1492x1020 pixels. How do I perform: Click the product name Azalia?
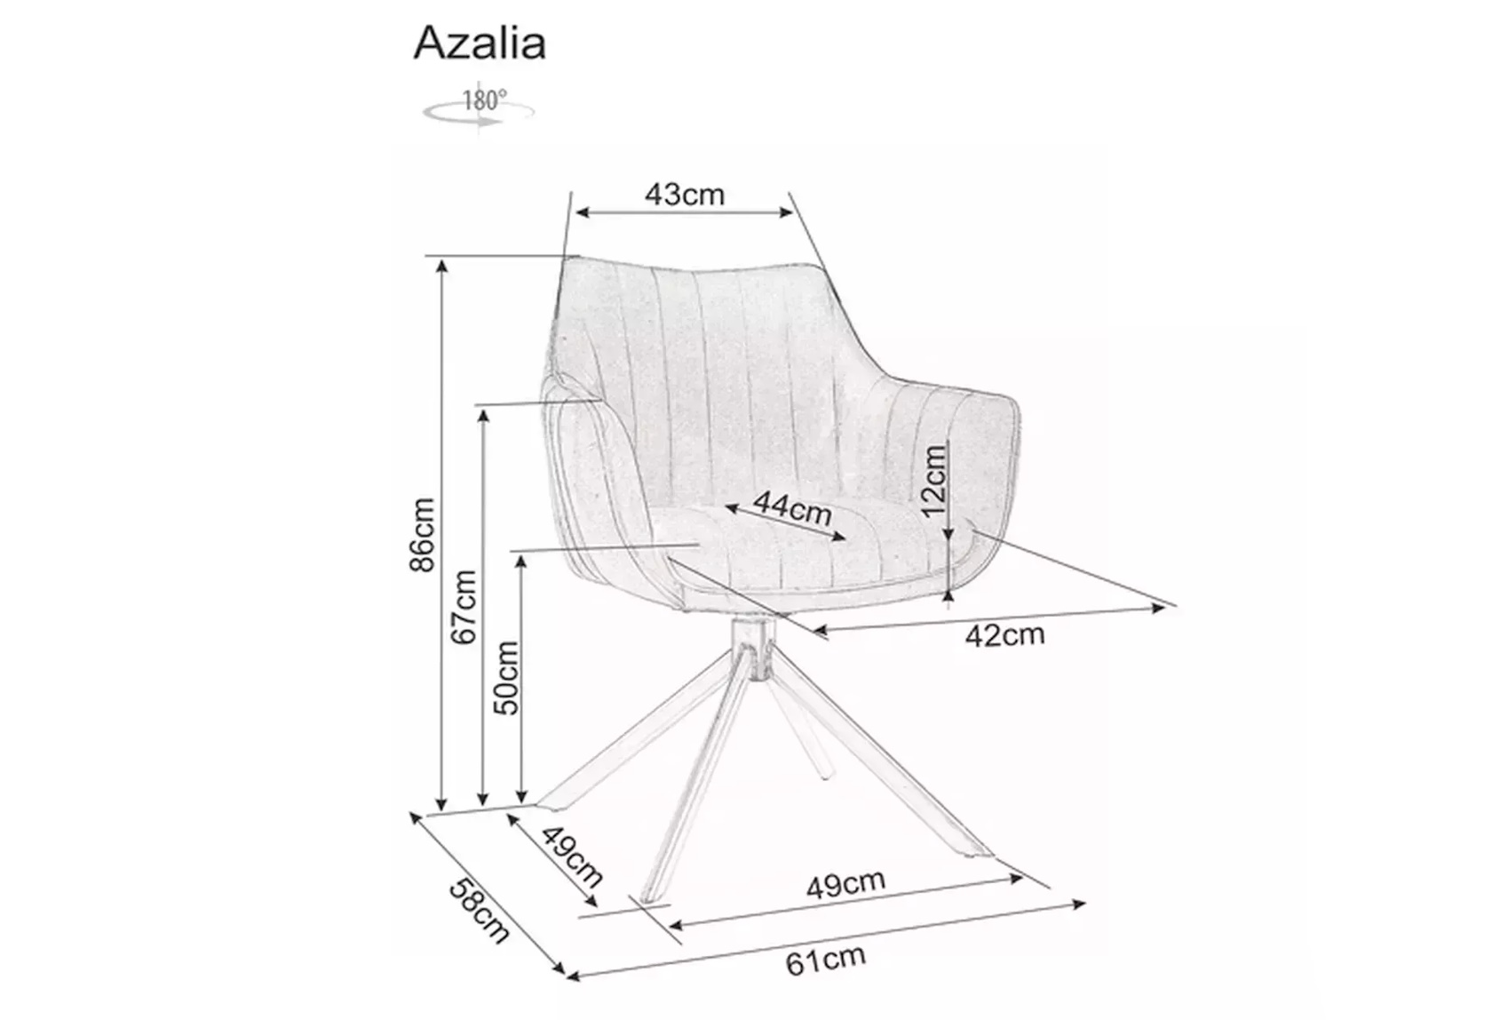(480, 44)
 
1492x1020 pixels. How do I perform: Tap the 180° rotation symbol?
(479, 108)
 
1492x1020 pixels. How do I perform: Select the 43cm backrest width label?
(684, 194)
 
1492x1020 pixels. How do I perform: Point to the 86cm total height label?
(423, 534)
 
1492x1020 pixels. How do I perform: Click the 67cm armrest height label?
(464, 607)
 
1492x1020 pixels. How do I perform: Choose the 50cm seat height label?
(506, 678)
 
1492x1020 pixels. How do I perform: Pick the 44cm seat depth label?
(792, 509)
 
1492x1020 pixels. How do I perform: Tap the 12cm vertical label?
(934, 481)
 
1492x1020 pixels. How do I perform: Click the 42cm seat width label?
(1005, 635)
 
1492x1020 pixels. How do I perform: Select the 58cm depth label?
(480, 910)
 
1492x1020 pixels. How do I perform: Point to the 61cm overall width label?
(826, 960)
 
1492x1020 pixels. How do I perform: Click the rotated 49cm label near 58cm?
(572, 857)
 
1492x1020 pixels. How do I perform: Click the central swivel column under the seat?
(750, 649)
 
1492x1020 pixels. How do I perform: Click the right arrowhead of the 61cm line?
(1078, 904)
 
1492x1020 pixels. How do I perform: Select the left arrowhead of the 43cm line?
(583, 212)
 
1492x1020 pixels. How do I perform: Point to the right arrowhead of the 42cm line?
(1159, 608)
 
